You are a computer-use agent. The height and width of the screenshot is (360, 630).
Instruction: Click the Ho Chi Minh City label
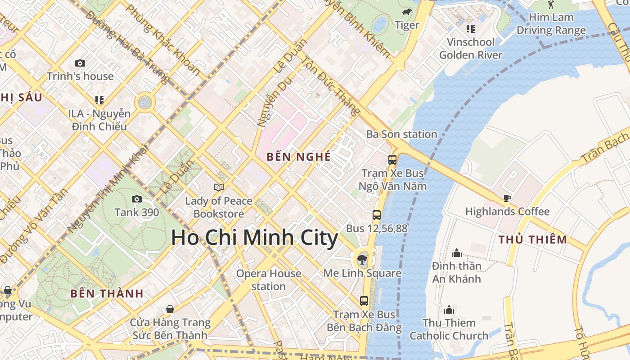pyautogui.click(x=254, y=238)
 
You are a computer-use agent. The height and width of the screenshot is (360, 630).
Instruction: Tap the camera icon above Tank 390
pyautogui.click(x=136, y=199)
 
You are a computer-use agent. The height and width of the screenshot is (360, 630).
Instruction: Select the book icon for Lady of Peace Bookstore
pyautogui.click(x=219, y=187)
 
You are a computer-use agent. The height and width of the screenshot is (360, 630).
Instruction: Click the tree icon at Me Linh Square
pyautogui.click(x=362, y=259)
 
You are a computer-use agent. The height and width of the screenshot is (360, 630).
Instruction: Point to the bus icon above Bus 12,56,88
pyautogui.click(x=377, y=215)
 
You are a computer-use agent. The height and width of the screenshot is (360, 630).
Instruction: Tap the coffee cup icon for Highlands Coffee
pyautogui.click(x=507, y=198)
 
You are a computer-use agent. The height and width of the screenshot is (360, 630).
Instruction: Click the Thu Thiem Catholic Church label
pyautogui.click(x=449, y=329)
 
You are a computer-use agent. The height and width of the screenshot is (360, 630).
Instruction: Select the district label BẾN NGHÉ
pyautogui.click(x=299, y=157)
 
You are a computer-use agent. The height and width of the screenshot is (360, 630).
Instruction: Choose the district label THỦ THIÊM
pyautogui.click(x=533, y=239)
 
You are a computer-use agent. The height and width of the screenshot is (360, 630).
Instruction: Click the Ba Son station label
pyautogui.click(x=401, y=134)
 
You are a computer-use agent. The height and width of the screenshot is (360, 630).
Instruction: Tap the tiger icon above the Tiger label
pyautogui.click(x=407, y=12)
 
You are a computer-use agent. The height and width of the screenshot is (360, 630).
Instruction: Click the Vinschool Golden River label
pyautogui.click(x=470, y=49)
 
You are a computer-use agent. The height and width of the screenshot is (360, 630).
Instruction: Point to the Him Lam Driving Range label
pyautogui.click(x=551, y=24)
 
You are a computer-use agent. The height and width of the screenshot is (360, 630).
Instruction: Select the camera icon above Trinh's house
pyautogui.click(x=80, y=63)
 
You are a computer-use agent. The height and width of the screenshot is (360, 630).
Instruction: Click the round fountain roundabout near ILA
pyautogui.click(x=145, y=103)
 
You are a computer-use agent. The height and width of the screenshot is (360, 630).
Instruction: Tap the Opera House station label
pyautogui.click(x=269, y=280)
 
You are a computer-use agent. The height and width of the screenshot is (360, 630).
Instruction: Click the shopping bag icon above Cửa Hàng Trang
pyautogui.click(x=170, y=309)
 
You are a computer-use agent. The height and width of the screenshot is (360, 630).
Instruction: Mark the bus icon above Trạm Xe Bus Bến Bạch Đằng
pyautogui.click(x=364, y=301)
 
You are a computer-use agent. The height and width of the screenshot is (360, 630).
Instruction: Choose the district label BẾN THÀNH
pyautogui.click(x=107, y=294)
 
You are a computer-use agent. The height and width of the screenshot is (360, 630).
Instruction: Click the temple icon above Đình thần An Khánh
pyautogui.click(x=457, y=253)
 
